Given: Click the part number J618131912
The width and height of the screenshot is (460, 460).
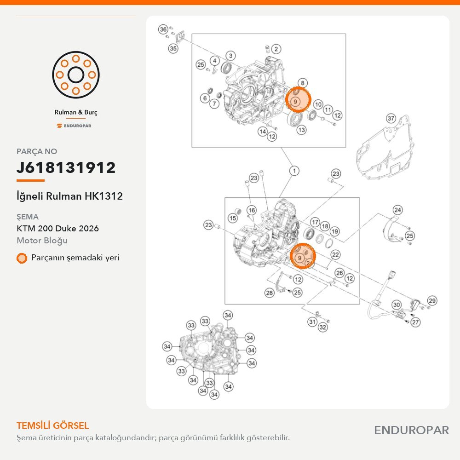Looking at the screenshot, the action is [x=66, y=167].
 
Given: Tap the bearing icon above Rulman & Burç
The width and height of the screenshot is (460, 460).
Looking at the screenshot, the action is [x=76, y=75].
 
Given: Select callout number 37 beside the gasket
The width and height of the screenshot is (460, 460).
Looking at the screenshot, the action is [x=391, y=119].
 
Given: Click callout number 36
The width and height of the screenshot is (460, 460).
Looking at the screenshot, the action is [x=163, y=29].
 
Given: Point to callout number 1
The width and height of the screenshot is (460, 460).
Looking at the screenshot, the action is [x=294, y=171].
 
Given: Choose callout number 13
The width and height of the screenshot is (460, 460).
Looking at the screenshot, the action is [x=301, y=130].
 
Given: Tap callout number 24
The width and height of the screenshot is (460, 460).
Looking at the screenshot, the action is [x=397, y=210].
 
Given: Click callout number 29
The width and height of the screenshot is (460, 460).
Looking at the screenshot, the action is [x=432, y=301].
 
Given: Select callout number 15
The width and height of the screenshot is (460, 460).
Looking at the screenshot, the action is [x=233, y=218].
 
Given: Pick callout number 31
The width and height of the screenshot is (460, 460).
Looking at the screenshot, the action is [x=312, y=322].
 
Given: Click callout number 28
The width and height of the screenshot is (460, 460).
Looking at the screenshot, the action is [x=269, y=293].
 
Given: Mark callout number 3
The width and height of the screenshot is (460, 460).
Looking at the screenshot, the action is [x=230, y=56].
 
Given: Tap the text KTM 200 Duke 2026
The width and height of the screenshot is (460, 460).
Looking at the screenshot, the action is [x=57, y=228].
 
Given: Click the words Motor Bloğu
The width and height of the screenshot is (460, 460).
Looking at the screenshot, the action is [x=42, y=241].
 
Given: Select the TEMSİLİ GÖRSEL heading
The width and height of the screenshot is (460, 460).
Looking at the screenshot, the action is [x=52, y=425].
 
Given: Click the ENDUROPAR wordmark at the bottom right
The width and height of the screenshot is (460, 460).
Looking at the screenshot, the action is [x=411, y=431].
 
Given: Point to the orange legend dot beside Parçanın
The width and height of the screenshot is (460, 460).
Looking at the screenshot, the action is [x=22, y=258].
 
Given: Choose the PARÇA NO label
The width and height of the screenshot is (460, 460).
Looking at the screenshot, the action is [x=37, y=151].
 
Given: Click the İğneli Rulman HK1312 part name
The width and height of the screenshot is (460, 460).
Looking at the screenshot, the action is [x=69, y=196].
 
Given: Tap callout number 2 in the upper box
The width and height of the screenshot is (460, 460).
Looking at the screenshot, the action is [x=276, y=49].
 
